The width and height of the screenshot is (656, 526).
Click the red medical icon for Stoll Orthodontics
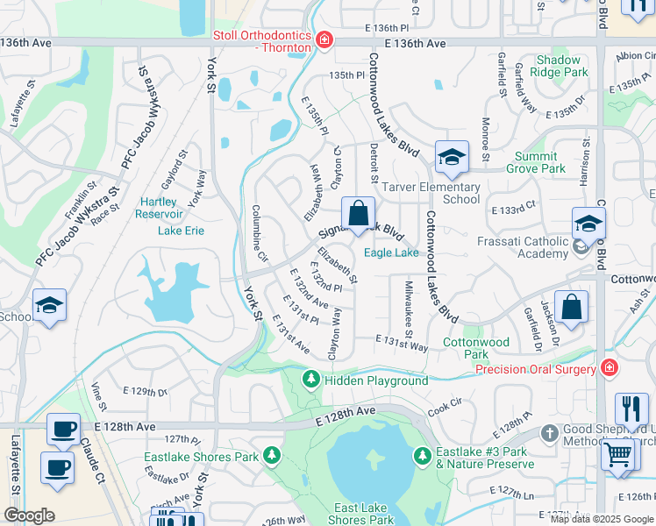[324, 40]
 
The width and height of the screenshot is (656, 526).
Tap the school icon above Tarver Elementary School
[452, 157]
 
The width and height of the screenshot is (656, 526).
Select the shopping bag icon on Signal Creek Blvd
[358, 214]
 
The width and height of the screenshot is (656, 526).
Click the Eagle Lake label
[391, 252]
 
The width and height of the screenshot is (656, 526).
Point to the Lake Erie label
[181, 231]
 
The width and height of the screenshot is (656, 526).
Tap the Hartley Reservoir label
[161, 208]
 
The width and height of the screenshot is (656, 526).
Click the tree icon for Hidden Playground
[310, 380]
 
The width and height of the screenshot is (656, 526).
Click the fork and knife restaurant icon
[631, 409]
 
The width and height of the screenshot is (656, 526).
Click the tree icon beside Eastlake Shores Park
[272, 456]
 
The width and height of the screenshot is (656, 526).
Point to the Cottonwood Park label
[475, 348]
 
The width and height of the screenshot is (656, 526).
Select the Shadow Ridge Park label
[558, 67]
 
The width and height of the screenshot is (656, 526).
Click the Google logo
[28, 515]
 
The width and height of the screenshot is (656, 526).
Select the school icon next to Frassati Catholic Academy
[588, 224]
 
